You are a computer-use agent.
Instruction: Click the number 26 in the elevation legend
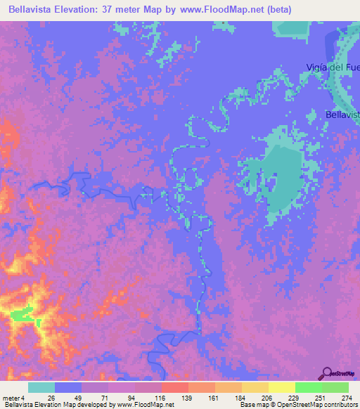click(51, 398)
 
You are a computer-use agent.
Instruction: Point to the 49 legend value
click(78, 398)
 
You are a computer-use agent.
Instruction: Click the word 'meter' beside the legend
click(11, 398)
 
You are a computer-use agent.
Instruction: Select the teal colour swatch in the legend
click(41, 387)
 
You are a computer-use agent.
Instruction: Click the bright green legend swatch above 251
click(309, 387)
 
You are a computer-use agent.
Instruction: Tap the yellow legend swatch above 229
click(282, 387)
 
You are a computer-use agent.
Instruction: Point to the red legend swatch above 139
click(175, 387)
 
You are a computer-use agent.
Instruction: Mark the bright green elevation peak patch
click(21, 317)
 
